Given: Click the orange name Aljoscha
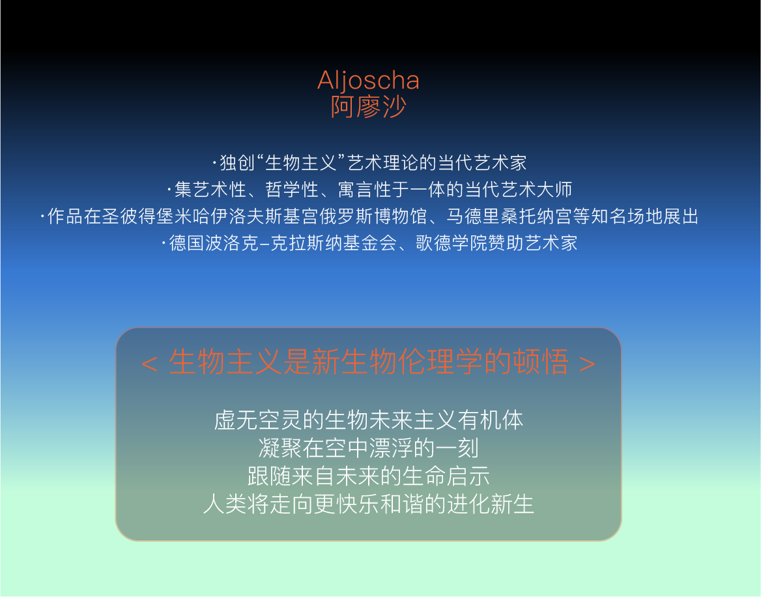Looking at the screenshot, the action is tap(368, 81).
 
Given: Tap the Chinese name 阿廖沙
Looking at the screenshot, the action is tap(368, 107).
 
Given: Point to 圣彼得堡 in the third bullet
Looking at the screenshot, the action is tap(138, 216).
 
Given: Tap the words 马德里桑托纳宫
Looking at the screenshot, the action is tap(509, 216).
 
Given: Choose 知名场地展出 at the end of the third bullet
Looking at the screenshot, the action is tap(644, 216).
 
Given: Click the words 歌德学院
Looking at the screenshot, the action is tap(452, 242).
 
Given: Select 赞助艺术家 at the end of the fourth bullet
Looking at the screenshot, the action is tap(533, 242).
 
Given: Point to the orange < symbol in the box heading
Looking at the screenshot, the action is tap(149, 363).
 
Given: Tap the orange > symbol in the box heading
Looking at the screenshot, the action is tap(587, 363).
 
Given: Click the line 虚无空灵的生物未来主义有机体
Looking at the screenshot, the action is tap(368, 420).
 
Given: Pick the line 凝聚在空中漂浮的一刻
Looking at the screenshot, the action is tap(368, 448).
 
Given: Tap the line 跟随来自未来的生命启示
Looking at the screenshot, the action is tap(368, 476).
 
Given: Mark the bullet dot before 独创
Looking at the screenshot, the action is tap(214, 162).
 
